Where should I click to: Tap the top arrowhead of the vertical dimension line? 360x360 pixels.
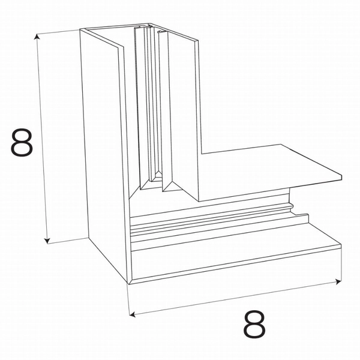click(38, 38)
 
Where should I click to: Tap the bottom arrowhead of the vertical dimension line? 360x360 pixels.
click(47, 241)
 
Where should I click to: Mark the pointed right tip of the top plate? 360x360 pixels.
click(341, 178)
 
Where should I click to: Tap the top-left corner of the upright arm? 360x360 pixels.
click(80, 30)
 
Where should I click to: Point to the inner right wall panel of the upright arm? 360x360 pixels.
click(183, 108)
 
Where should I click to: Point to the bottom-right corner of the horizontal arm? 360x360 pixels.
click(341, 246)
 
